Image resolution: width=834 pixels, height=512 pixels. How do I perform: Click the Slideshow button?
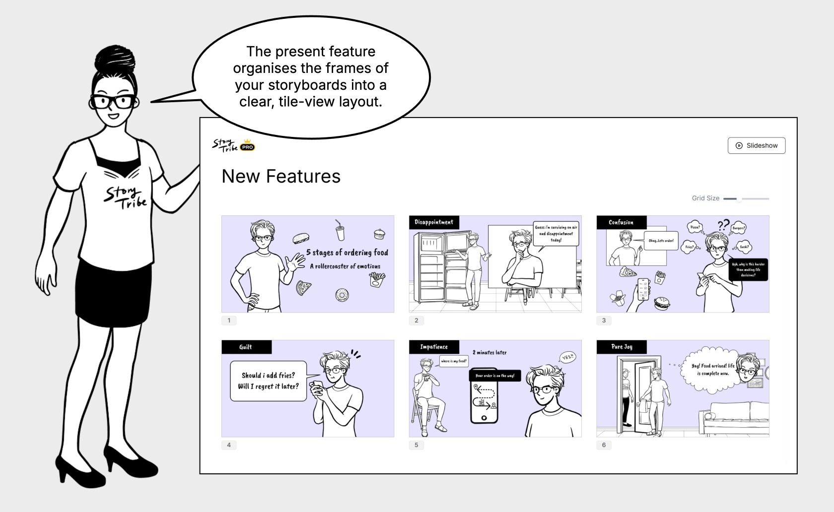[x=756, y=145]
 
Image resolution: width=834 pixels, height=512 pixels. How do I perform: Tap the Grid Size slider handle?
[x=739, y=199]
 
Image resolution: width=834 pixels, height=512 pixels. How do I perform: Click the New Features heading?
[x=281, y=177]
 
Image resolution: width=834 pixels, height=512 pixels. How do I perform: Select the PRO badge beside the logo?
[x=247, y=147]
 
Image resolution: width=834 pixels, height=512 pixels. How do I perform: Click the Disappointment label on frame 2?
[x=433, y=222]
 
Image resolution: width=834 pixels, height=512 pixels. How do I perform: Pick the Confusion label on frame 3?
[x=621, y=222]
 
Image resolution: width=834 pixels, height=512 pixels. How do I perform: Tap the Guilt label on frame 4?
[x=246, y=347]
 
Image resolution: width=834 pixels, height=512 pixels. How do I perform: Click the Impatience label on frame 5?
[x=433, y=347]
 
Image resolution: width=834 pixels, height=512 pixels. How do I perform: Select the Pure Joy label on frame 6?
[x=621, y=347]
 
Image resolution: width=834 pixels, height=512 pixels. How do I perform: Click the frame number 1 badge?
[x=229, y=320]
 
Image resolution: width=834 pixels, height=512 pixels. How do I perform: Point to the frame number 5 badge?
[x=416, y=445]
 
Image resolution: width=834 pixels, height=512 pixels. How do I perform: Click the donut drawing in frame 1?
[x=342, y=295]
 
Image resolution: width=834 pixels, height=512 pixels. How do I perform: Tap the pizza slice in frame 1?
[x=303, y=287]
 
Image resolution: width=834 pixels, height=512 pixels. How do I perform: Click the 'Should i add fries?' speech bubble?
[x=268, y=381]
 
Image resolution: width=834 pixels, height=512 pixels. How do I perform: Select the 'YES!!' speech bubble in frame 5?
[x=567, y=357]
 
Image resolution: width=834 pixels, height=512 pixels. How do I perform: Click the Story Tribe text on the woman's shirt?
[x=125, y=197]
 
